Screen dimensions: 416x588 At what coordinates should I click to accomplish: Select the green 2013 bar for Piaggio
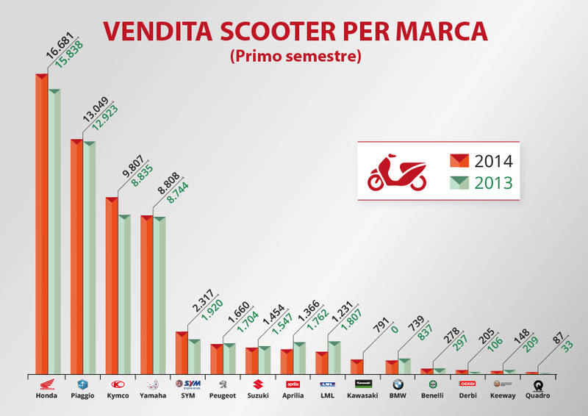89,257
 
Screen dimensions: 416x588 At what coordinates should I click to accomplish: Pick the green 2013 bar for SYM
195,356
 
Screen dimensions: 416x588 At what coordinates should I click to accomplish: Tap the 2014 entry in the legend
481,162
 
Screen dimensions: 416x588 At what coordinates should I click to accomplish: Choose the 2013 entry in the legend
481,182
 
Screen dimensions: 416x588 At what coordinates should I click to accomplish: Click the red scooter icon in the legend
396,172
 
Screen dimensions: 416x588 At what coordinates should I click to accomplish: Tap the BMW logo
398,384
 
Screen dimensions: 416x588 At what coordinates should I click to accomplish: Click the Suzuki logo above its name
258,384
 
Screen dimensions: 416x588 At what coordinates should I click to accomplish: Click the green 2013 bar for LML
334,357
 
